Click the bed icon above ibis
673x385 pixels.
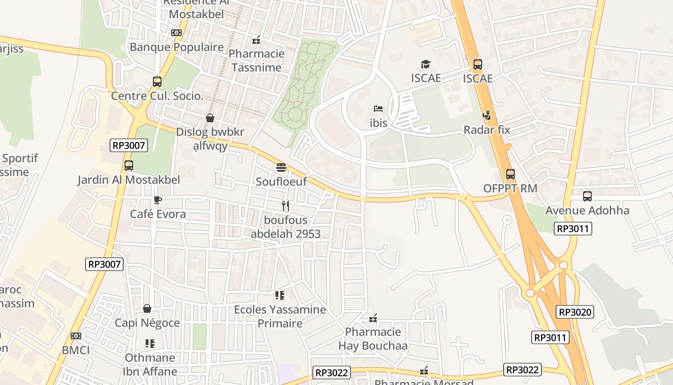(x=378, y=109)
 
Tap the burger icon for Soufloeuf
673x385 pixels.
(x=281, y=167)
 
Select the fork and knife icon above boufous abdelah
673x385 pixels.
(x=286, y=206)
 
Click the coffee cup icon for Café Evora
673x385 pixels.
(x=157, y=200)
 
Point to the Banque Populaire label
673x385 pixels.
(x=176, y=47)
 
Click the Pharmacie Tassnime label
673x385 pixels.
(x=256, y=61)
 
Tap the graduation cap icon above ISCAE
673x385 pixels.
(x=425, y=64)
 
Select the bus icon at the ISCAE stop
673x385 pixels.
(x=478, y=64)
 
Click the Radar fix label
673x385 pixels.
(x=487, y=130)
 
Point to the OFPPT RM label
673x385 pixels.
(x=510, y=188)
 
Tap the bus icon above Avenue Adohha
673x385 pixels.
(x=587, y=196)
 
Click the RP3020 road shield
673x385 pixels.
(x=575, y=312)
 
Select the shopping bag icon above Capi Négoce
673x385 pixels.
(x=147, y=308)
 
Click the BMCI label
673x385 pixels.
(x=76, y=350)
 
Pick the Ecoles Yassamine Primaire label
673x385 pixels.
(x=280, y=316)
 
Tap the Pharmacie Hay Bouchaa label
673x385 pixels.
(x=373, y=339)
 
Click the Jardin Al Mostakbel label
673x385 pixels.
(x=129, y=180)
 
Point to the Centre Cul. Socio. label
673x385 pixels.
(x=157, y=96)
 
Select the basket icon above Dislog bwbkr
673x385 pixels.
(x=210, y=118)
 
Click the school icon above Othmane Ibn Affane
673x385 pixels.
(x=150, y=344)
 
